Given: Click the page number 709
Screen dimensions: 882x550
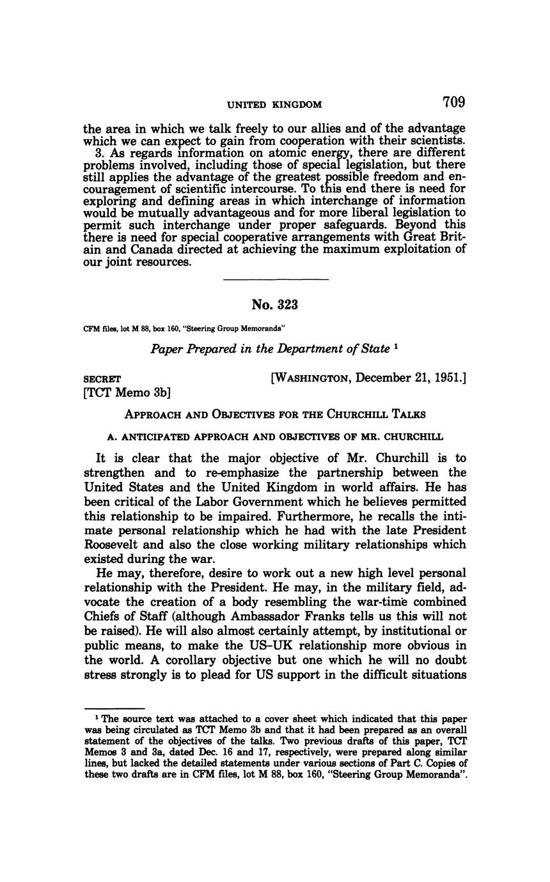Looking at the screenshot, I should (453, 102).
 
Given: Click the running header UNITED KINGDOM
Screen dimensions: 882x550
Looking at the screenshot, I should (275, 104).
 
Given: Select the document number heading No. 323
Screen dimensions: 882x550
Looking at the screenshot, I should (275, 305).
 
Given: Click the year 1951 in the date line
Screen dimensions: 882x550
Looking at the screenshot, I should (447, 378).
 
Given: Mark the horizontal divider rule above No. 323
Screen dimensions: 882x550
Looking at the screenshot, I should (276, 279).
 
